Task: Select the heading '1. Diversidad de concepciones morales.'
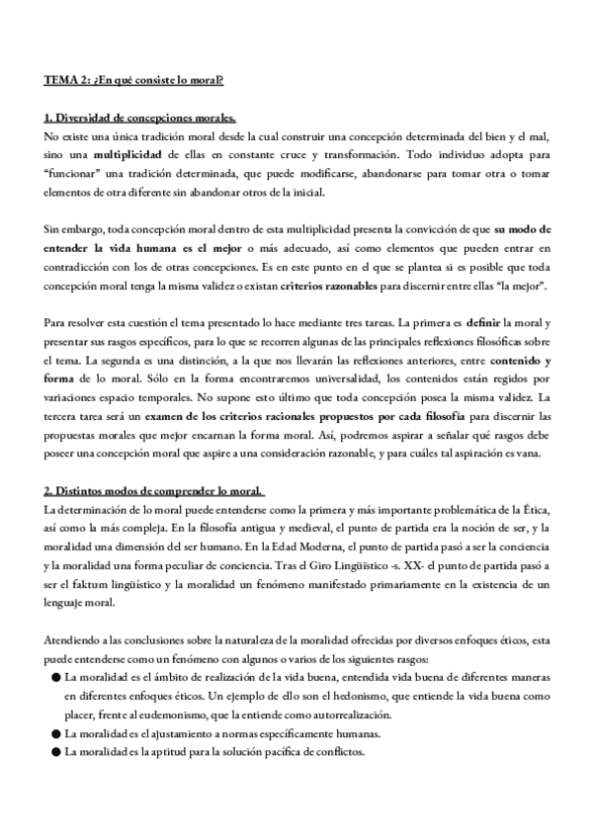pyautogui.click(x=139, y=118)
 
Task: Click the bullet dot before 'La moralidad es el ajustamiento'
pyautogui.click(x=53, y=733)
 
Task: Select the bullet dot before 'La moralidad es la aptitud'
pyautogui.click(x=53, y=752)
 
